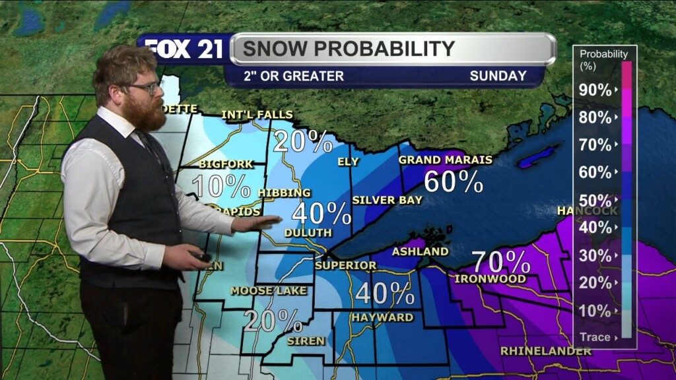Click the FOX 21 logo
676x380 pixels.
[x=184, y=49]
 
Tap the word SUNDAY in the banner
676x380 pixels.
[x=498, y=76]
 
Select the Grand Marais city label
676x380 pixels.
[x=446, y=160]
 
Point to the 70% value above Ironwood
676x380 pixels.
[x=501, y=262]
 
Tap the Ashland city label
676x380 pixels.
[x=420, y=251]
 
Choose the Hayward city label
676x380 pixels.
[x=382, y=317]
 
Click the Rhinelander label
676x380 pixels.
[x=546, y=351]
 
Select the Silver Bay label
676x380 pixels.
[x=387, y=200]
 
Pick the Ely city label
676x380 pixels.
[x=349, y=161]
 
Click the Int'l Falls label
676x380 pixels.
[x=257, y=115]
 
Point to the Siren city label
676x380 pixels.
[x=306, y=341]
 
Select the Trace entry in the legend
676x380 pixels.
[x=595, y=337]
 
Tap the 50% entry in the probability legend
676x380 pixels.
[x=595, y=200]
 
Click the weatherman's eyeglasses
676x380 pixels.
[x=144, y=87]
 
